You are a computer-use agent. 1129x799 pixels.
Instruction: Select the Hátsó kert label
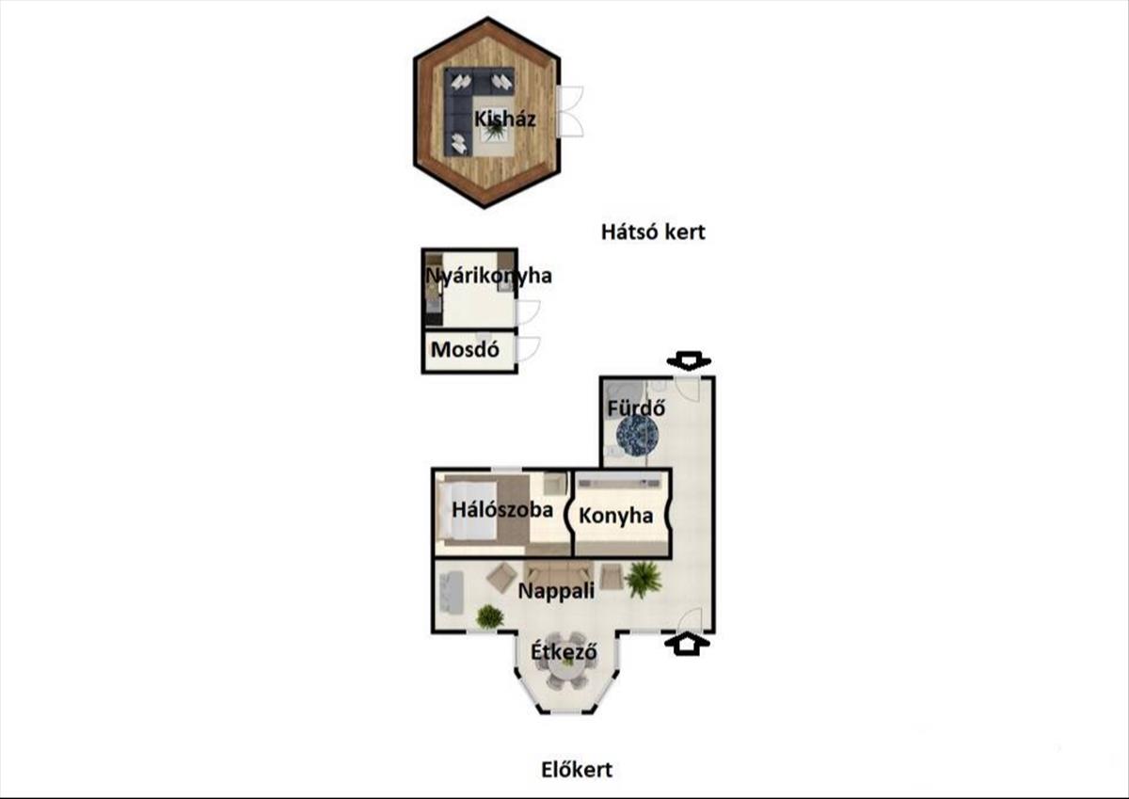[653, 232]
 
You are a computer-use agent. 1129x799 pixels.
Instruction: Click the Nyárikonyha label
[489, 277]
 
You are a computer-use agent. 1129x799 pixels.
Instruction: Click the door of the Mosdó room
[527, 348]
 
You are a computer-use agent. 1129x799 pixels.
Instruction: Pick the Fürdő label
[637, 409]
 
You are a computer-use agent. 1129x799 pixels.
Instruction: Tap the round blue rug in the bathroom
[637, 436]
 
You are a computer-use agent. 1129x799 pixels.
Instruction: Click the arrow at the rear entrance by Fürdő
[690, 361]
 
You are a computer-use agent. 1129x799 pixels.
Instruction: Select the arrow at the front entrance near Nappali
[690, 644]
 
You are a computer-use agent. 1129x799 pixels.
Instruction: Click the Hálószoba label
[502, 511]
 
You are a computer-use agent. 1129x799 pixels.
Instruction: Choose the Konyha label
[616, 516]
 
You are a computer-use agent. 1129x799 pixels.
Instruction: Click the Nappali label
[556, 592]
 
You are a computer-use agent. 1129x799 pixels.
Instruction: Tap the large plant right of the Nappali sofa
[644, 578]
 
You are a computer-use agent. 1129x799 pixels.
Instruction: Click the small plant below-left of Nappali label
[489, 616]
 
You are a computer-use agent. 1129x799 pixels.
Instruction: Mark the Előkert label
[577, 770]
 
